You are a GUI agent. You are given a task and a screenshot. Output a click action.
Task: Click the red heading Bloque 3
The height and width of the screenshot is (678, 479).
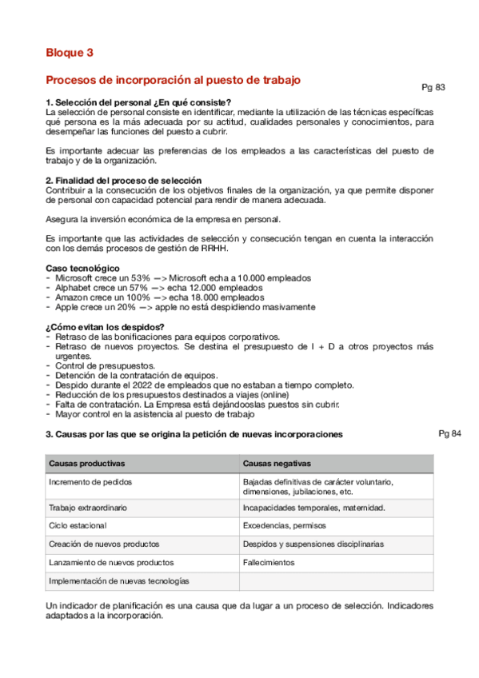70,53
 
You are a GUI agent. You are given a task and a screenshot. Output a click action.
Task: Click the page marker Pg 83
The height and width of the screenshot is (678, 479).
433,87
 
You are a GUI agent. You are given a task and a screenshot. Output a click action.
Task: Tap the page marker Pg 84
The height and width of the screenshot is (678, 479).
450,433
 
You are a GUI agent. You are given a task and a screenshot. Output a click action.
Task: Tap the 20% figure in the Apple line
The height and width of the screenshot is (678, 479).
126,306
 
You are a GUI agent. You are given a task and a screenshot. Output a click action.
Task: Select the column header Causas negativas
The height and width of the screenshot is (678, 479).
277,464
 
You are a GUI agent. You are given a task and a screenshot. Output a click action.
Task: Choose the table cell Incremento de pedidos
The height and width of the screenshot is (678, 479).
90,482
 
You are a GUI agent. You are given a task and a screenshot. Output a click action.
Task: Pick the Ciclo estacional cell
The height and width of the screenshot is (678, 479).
78,525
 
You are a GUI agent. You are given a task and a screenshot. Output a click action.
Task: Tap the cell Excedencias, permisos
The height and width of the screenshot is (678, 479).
283,525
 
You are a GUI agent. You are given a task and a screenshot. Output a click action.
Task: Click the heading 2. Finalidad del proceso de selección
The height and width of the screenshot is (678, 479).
123,180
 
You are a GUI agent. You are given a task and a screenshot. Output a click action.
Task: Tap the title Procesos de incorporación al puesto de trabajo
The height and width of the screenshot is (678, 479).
173,80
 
